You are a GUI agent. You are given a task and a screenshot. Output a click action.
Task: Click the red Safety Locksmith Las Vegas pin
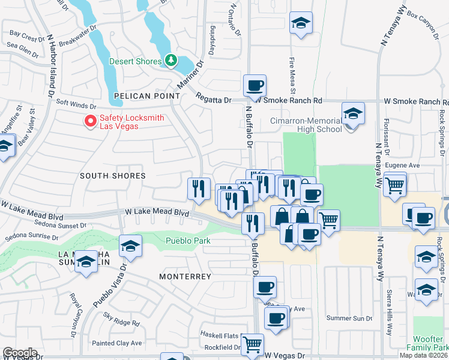pyautogui.click(x=91, y=121)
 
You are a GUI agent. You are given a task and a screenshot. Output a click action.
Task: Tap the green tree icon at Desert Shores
pyautogui.click(x=171, y=61)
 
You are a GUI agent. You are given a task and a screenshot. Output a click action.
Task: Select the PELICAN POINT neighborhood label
pyautogui.click(x=146, y=96)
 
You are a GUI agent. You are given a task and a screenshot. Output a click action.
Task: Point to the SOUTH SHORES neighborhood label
pyautogui.click(x=113, y=176)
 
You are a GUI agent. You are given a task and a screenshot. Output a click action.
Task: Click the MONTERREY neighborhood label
pyautogui.click(x=185, y=277)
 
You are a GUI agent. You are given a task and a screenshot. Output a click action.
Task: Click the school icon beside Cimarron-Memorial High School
pyautogui.click(x=352, y=112)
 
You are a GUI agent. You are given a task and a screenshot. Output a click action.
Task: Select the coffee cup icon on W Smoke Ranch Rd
pyautogui.click(x=255, y=85)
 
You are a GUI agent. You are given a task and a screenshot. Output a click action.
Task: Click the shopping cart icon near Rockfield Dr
pyautogui.click(x=253, y=344)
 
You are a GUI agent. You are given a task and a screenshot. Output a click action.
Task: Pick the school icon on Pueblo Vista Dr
pyautogui.click(x=130, y=246)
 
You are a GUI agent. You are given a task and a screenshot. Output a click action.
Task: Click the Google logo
pyautogui.click(x=20, y=353)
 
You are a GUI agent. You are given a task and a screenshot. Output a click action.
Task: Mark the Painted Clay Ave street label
pyautogui.click(x=117, y=343)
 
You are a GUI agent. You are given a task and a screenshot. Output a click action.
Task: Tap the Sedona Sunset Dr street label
pyautogui.click(x=54, y=226)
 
